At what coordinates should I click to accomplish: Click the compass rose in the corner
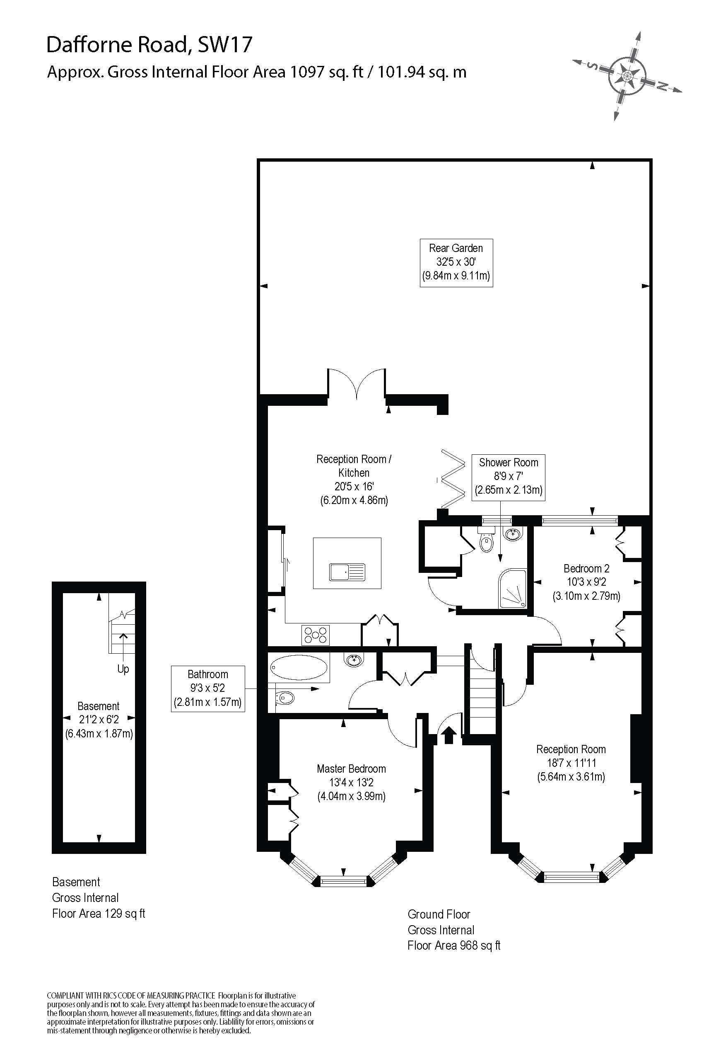[x=627, y=75]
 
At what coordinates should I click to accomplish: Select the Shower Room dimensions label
[x=508, y=476]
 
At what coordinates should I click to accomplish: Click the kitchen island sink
[x=347, y=572]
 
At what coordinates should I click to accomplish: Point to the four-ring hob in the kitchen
[x=316, y=635]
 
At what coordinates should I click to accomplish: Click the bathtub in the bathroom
[x=299, y=668]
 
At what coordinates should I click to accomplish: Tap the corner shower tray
[x=513, y=589]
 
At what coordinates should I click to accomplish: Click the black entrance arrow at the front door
[x=449, y=736]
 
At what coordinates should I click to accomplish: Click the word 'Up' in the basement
[x=123, y=669]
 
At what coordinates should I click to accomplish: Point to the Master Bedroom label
[x=351, y=782]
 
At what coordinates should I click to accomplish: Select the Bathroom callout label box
[x=208, y=689]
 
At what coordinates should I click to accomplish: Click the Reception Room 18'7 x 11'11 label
[x=571, y=763]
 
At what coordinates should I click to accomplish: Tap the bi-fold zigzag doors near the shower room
[x=453, y=478]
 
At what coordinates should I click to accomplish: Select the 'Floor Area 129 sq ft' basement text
[x=99, y=914]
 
